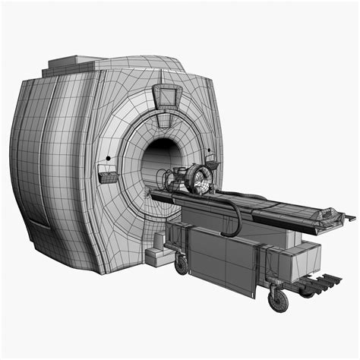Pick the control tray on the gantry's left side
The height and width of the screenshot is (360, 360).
[x=108, y=178]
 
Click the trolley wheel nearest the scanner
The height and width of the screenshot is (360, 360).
[x=182, y=264]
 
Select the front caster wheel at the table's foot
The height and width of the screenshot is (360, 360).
[x=279, y=300]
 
